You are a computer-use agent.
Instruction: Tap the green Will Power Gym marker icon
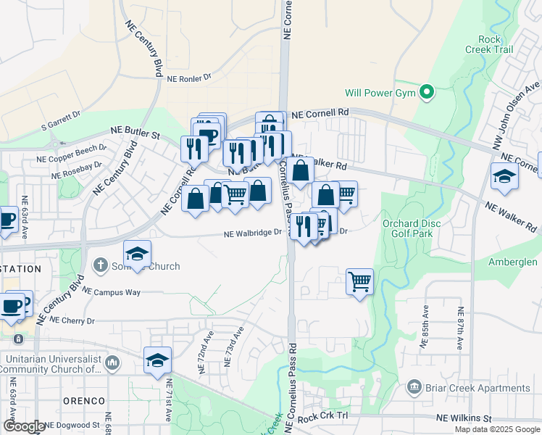coord(427,92)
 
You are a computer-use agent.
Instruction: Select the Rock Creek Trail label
coord(495,44)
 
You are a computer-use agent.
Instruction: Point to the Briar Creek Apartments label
coord(478,388)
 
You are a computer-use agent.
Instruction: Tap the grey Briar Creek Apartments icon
coord(414,387)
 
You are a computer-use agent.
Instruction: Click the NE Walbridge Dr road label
coord(252,233)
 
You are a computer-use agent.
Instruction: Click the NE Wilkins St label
coord(464,419)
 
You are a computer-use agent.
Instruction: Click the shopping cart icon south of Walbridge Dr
coord(360,280)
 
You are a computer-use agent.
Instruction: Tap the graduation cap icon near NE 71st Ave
coord(157,360)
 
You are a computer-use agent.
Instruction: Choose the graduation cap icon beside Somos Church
coord(137,253)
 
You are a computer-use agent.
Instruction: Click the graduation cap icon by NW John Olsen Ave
coord(504,175)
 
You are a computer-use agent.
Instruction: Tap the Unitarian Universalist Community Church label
coord(51,364)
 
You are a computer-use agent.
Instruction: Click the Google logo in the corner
coord(24,426)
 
